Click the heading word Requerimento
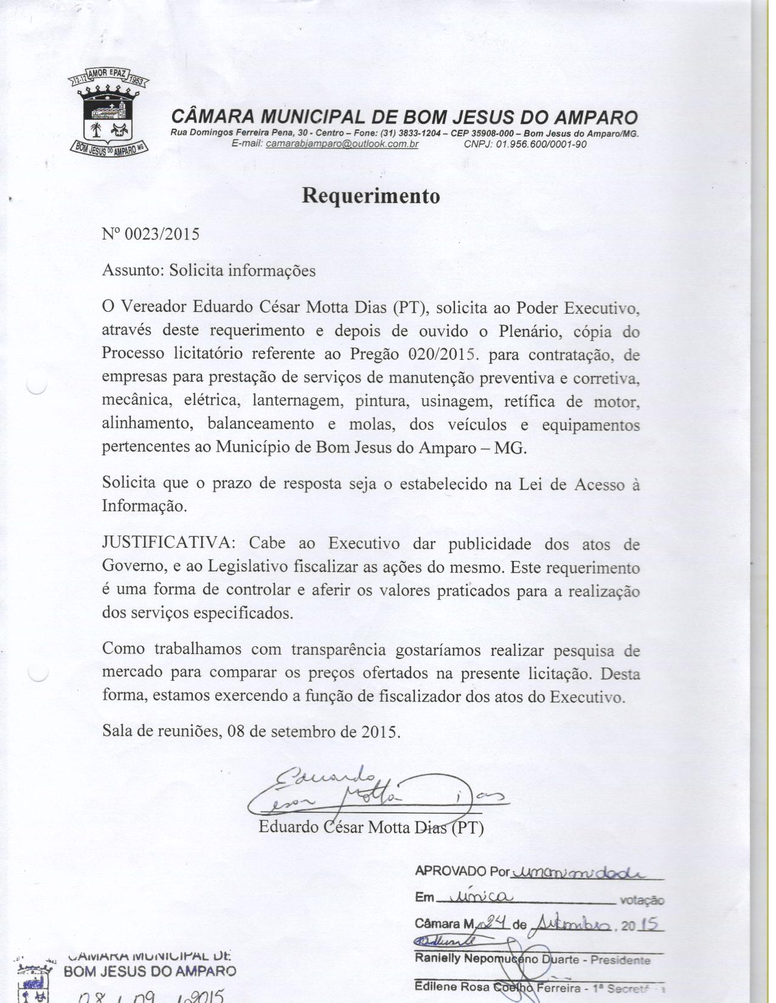point(370,196)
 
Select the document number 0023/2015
point(162,234)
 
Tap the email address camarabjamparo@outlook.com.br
point(342,144)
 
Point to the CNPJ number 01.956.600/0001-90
point(541,144)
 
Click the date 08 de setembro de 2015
point(313,731)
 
